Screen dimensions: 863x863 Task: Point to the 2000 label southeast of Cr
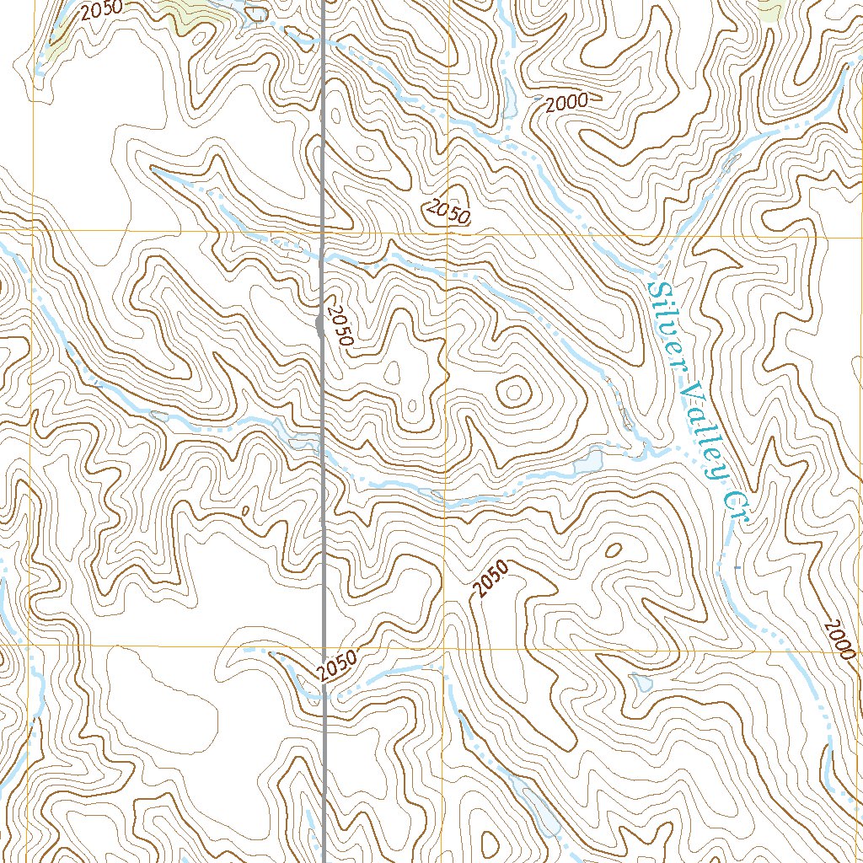tap(839, 640)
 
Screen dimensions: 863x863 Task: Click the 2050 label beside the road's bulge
tap(340, 325)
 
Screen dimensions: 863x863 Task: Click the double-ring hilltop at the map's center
tap(513, 390)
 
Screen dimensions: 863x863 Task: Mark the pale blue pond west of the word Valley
tap(587, 460)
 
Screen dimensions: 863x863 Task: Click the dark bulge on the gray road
tap(319, 324)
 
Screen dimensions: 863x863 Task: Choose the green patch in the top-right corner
tap(769, 8)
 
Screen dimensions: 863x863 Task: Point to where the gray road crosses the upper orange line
tap(324, 230)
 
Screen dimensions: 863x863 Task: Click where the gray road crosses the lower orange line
tap(324, 647)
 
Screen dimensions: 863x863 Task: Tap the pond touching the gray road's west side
tap(303, 439)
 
